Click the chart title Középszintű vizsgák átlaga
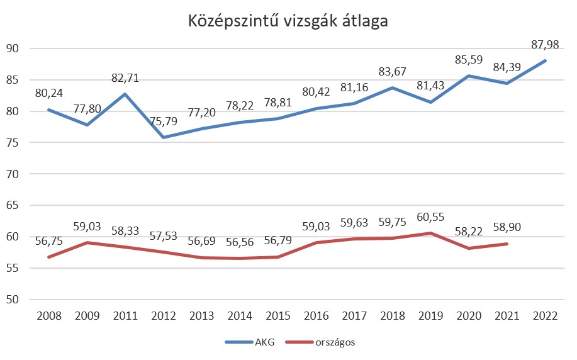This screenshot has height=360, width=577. tap(288, 21)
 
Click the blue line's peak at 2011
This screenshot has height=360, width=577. tap(125, 94)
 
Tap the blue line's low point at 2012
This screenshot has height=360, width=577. tap(163, 137)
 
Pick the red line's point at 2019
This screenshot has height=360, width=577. tap(430, 233)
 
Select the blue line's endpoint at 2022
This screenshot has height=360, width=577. tap(545, 61)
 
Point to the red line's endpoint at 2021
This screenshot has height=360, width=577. tap(507, 244)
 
